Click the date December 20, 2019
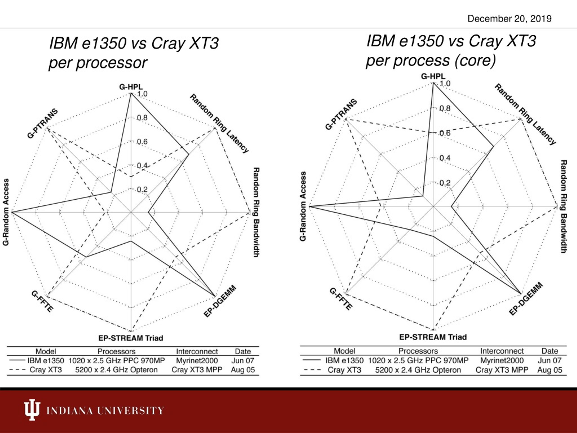coord(509,19)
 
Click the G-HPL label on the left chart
coord(131,87)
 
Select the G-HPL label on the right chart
coord(433,76)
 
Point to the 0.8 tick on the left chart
coord(142,118)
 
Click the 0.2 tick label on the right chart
coord(445,183)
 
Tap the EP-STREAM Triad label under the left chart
coord(131,338)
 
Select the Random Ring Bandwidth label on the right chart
coord(563,206)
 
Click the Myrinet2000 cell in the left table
coord(197,361)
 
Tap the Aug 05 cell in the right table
coord(550,370)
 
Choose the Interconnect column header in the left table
coord(197,351)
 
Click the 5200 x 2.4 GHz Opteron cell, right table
coord(418,370)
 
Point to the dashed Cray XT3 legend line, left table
coord(17,370)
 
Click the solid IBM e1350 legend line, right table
coord(311,360)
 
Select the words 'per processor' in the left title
coord(98,63)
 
